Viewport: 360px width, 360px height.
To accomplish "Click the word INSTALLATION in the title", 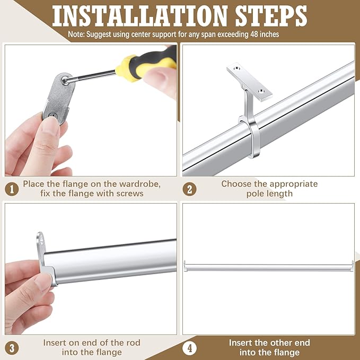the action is pos(140,16).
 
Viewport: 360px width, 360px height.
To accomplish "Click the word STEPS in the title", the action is pos(271,16).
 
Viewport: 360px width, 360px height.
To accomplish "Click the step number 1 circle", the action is pos(12,189).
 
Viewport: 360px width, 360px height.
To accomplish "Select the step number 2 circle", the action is pos(190,189).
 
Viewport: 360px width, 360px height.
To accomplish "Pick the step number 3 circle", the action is pos(12,348).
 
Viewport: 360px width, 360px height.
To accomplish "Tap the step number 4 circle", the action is pos(190,348).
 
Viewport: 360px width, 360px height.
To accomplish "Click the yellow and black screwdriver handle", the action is pos(147,65).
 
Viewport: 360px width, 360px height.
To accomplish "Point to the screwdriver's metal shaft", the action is pos(92,76).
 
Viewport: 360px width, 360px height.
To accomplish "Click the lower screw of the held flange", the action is pos(53,116).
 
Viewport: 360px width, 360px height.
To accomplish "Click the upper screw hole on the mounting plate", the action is pos(236,68).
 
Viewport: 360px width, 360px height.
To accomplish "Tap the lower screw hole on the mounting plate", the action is pos(261,91).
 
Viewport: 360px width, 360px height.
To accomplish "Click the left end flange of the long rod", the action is pos(185,266).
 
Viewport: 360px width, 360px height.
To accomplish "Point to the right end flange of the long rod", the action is pos(353,266).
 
